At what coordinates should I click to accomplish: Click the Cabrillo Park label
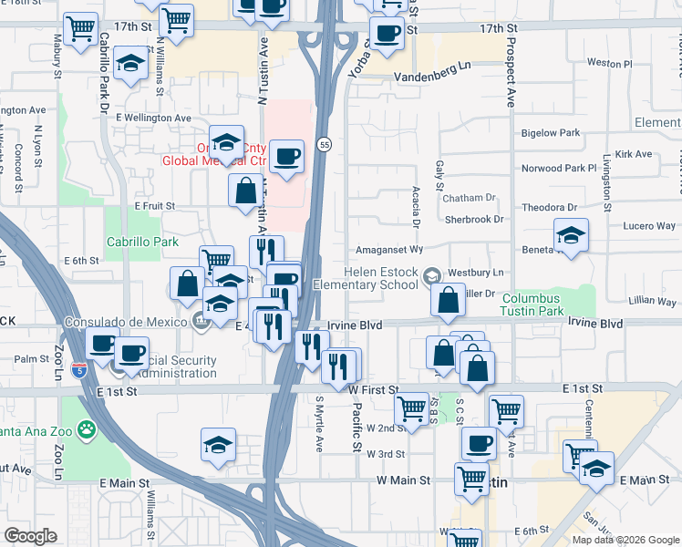(141, 242)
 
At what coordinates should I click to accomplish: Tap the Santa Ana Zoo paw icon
(87, 428)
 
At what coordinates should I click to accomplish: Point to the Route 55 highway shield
(324, 144)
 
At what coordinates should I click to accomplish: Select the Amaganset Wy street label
(388, 249)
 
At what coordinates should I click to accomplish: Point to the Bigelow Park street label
(551, 133)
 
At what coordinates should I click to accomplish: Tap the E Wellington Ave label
(150, 118)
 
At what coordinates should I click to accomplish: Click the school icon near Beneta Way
(571, 236)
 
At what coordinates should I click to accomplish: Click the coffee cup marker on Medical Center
(287, 156)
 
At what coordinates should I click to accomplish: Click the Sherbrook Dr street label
(474, 220)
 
